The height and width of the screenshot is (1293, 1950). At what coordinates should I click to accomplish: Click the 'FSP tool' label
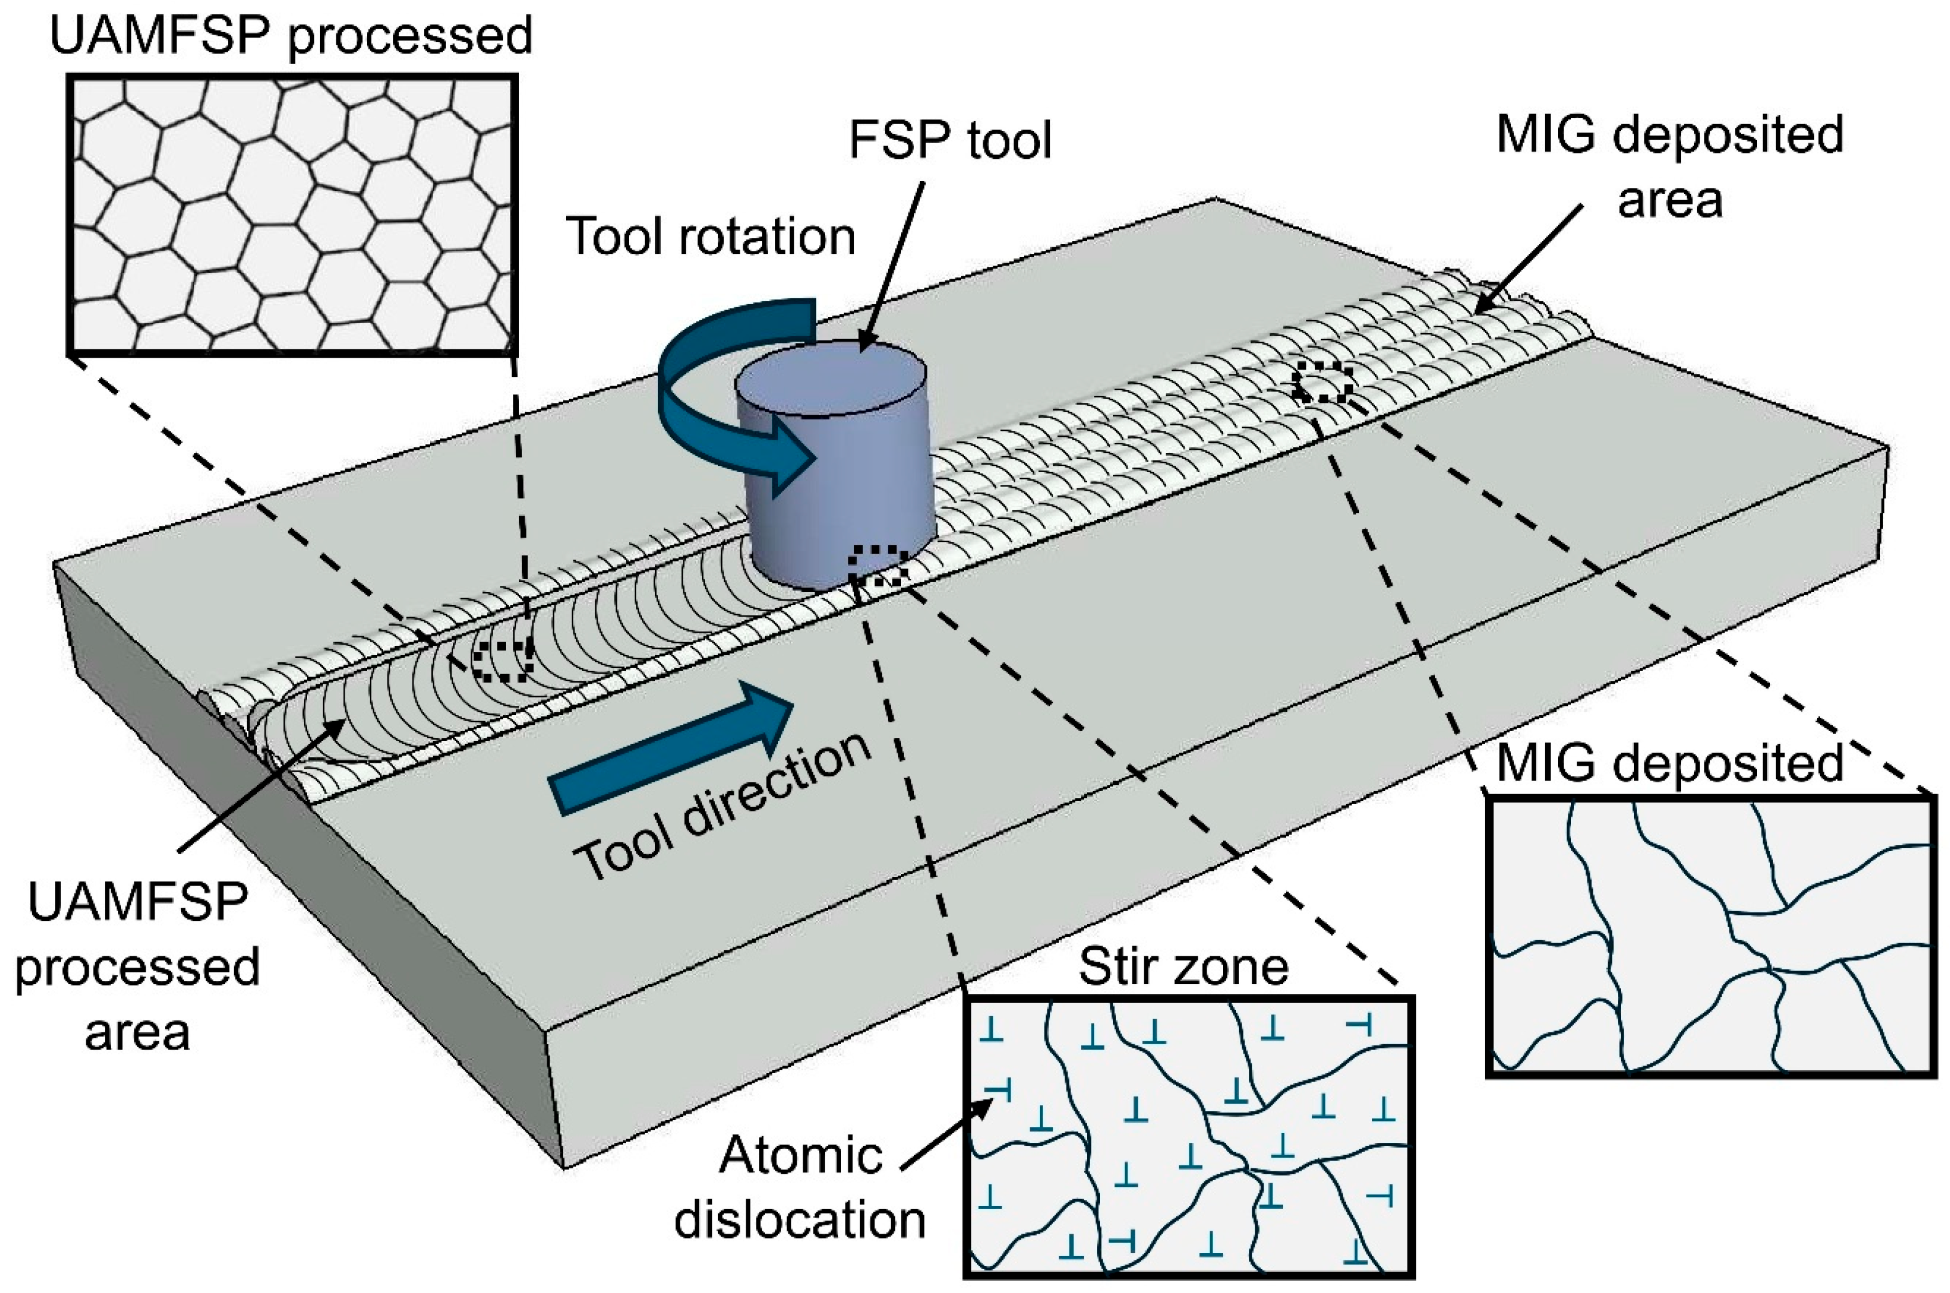click(950, 140)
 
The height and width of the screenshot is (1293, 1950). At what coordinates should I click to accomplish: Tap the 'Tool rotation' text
click(711, 237)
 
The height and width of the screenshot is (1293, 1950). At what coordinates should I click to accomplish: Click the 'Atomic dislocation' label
click(800, 1188)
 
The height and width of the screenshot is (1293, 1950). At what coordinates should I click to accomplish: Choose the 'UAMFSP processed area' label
click(138, 966)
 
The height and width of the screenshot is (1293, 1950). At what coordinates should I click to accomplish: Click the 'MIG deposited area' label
click(1669, 167)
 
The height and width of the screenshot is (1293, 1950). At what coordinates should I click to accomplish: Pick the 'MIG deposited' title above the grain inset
click(1669, 763)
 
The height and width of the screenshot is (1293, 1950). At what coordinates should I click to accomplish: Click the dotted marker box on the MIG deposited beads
click(1323, 382)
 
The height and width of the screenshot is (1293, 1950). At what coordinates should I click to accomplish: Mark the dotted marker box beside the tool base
click(879, 566)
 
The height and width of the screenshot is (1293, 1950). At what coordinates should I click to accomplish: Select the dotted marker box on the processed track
click(503, 660)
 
